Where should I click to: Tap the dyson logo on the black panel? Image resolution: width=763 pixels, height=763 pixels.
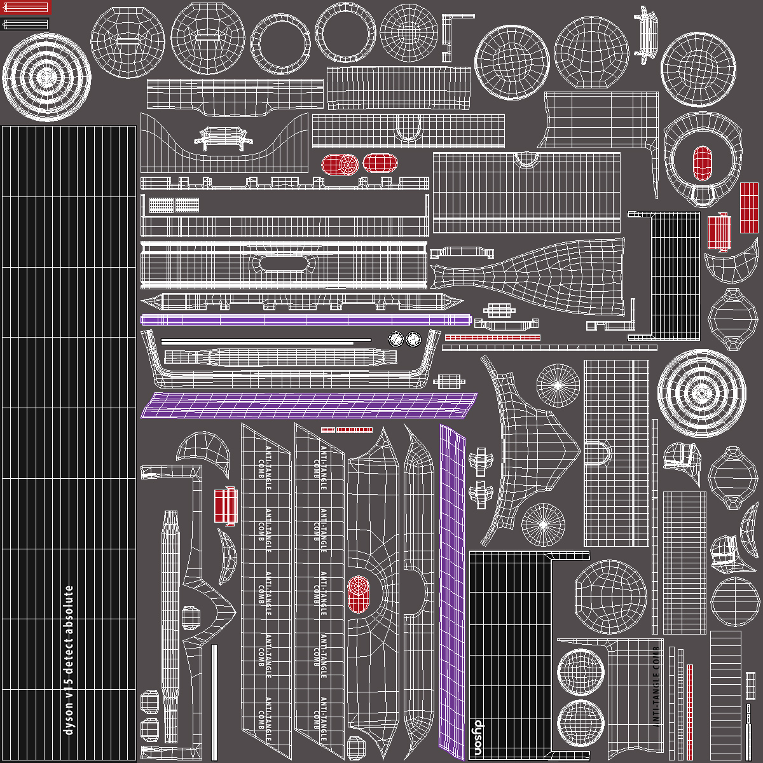click(x=478, y=735)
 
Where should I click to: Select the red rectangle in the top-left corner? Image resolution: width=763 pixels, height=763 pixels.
click(x=25, y=8)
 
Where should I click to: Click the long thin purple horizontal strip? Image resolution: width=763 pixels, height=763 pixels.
click(x=305, y=320)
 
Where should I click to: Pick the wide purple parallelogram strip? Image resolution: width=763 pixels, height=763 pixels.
click(x=309, y=405)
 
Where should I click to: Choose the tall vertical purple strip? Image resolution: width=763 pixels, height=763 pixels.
click(x=453, y=591)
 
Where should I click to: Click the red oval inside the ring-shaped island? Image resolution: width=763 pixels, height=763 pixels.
click(x=702, y=163)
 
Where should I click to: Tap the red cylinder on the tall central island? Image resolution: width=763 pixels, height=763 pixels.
click(x=359, y=594)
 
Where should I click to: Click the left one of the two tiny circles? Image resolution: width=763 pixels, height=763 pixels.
click(x=395, y=339)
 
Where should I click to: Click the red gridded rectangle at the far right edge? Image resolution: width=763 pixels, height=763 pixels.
click(x=749, y=208)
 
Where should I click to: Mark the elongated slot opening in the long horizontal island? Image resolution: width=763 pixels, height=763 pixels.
click(x=284, y=263)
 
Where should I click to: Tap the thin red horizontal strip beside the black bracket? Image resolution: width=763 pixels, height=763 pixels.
click(x=492, y=338)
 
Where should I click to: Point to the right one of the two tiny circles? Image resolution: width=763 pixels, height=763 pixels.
click(x=413, y=339)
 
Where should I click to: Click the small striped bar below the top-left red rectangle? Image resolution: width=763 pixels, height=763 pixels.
click(x=25, y=24)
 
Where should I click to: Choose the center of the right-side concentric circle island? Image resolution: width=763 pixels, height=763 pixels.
click(x=701, y=392)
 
